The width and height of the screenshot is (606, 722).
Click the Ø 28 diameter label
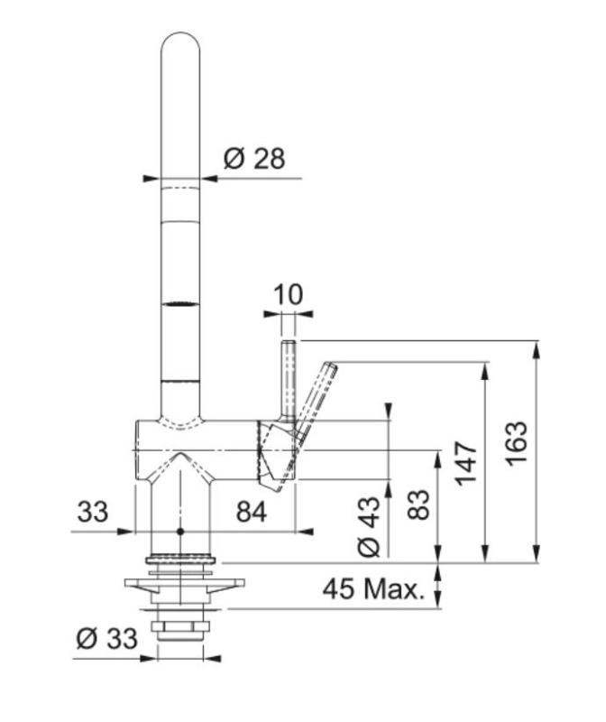coord(253,159)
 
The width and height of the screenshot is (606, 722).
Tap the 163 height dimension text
coord(516,443)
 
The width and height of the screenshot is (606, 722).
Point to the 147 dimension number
coord(465,462)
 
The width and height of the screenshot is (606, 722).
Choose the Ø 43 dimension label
coord(371,525)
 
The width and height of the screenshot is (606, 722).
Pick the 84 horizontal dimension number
coord(252,512)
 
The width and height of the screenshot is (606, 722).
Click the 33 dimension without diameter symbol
coord(91,512)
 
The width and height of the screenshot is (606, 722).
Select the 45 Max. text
coord(372,590)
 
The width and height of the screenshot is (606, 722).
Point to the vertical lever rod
coord(288,379)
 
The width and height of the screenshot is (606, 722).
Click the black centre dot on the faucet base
coord(180,532)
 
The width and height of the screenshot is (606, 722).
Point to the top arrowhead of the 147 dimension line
coord(487,369)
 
